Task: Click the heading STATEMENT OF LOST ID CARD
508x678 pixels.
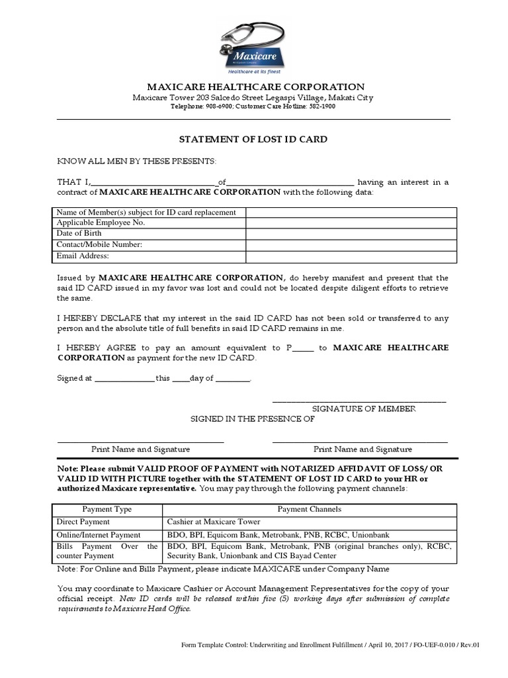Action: pos(254,140)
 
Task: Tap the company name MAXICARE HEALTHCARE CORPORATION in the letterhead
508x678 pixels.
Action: pos(255,87)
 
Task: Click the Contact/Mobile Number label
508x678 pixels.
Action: pos(99,244)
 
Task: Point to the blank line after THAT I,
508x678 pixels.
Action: pos(154,183)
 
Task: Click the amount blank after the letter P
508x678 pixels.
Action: pos(303,348)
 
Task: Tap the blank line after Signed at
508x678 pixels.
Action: pos(124,379)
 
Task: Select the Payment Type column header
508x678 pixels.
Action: pos(106,509)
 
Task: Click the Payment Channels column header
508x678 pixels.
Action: pos(309,509)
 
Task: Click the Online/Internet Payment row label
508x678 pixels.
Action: pos(99,534)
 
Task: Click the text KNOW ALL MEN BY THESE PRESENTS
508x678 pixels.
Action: pos(136,162)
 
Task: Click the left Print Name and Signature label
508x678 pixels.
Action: pos(140,449)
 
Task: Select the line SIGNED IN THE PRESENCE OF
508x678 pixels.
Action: pos(253,419)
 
